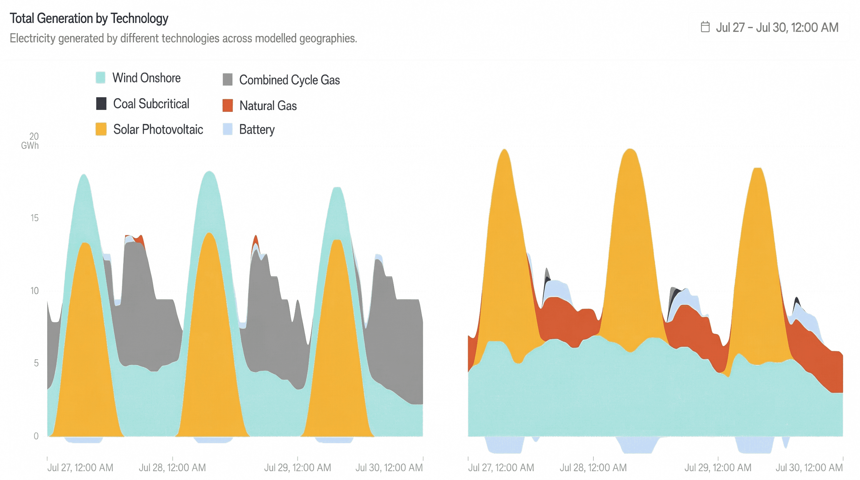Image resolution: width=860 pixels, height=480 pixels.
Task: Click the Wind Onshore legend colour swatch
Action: point(101,78)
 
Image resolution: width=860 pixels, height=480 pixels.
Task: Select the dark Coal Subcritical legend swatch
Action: point(101,104)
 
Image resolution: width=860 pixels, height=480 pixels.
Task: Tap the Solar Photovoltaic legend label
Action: point(158,129)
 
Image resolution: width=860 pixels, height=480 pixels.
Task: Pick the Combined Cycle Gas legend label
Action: point(289,80)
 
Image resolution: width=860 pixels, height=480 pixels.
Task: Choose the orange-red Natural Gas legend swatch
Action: point(228,106)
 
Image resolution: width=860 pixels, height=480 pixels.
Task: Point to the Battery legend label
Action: point(257,129)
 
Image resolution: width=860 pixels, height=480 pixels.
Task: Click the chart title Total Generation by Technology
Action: point(89,18)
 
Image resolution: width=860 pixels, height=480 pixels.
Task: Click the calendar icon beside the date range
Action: point(705,27)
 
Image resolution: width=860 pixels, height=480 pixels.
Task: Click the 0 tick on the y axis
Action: point(35,436)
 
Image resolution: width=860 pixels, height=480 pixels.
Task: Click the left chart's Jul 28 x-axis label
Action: point(172,467)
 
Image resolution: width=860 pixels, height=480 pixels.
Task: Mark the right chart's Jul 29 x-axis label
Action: point(718,467)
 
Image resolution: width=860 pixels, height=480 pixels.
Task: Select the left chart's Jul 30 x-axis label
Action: point(389,467)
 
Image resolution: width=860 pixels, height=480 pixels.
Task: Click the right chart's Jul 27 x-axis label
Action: point(501,467)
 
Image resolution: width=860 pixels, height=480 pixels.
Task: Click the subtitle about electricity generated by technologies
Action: point(182,39)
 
